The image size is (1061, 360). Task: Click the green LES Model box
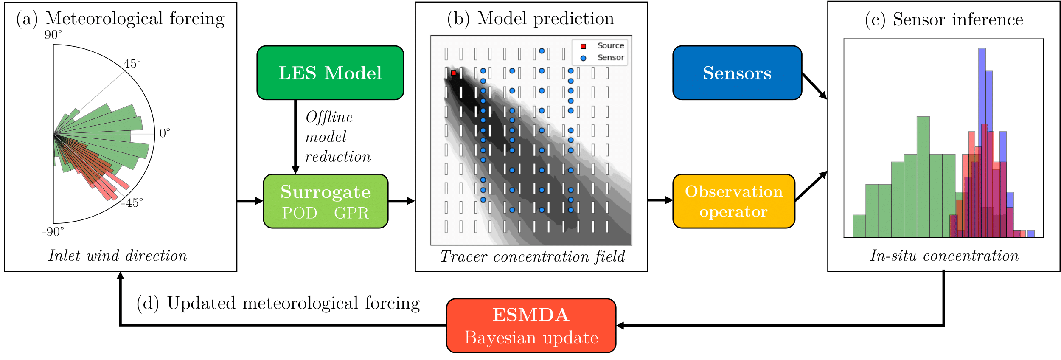(x=330, y=73)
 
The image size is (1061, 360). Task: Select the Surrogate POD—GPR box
(x=326, y=201)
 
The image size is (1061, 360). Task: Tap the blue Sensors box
(x=737, y=73)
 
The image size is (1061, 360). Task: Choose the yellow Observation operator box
(x=734, y=201)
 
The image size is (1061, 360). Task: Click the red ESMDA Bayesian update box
(x=531, y=326)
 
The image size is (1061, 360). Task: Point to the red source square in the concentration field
(x=454, y=73)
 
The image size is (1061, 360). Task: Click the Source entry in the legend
(x=610, y=45)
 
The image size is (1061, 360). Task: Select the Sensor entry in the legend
(x=610, y=57)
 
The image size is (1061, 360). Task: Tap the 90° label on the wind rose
(x=53, y=35)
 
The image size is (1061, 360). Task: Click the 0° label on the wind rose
(x=165, y=133)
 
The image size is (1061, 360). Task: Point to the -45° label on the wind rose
(x=132, y=203)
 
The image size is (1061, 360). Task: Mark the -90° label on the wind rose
(x=53, y=232)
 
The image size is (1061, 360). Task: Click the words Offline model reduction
(x=337, y=137)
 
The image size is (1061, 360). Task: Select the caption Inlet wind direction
(x=118, y=256)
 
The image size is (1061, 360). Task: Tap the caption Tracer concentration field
(x=533, y=256)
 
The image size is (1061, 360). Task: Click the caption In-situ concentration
(x=944, y=256)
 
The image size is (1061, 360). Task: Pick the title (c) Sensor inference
(x=944, y=20)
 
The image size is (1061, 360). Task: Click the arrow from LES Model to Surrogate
(x=296, y=136)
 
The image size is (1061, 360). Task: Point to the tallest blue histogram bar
(x=982, y=85)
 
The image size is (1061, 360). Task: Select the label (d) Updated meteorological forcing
(x=278, y=303)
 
